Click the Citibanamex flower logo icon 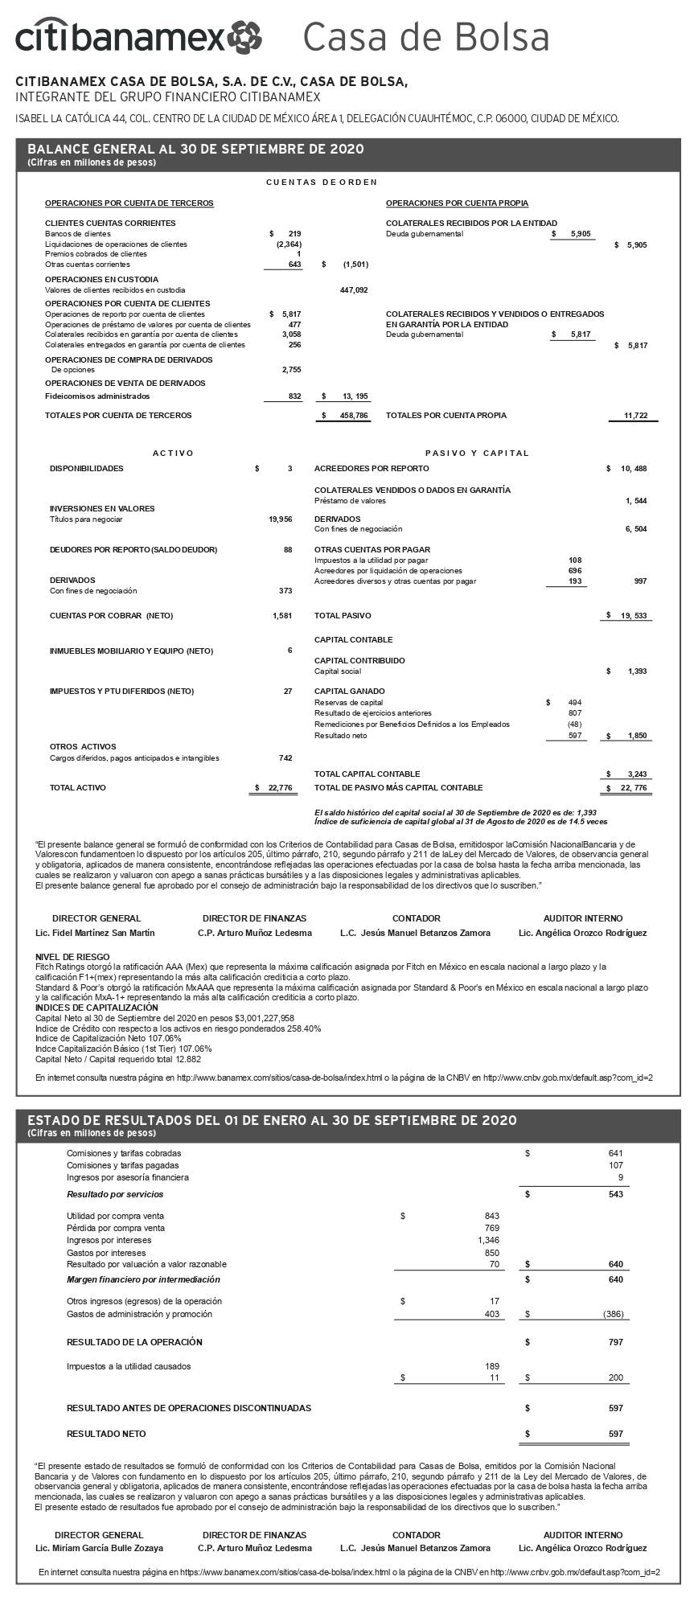tap(244, 37)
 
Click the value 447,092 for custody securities tap(354, 290)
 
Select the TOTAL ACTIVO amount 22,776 tap(276, 788)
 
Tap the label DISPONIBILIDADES tap(87, 469)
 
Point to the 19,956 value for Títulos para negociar tap(280, 519)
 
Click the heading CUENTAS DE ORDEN tap(322, 183)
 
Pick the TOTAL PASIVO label tap(343, 616)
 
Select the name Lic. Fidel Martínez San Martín tap(96, 934)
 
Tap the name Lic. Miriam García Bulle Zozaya tap(99, 1548)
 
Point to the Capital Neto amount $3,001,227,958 tap(248, 1018)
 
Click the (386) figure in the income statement tap(613, 1315)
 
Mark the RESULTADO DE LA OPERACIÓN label tap(134, 1342)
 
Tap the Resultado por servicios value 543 tap(616, 1194)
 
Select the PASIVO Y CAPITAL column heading tap(477, 454)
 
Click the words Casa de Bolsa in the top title tap(426, 37)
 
